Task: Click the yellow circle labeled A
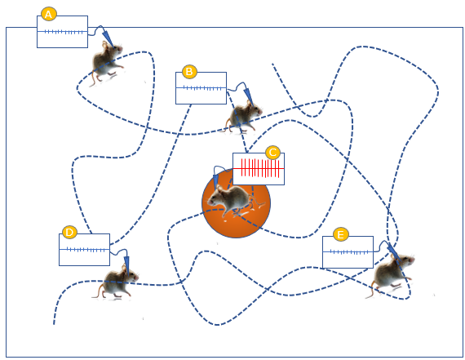49,14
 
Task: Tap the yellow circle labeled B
189,71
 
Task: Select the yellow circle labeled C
272,153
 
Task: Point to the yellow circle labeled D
69,232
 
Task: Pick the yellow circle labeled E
341,234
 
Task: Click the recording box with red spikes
259,169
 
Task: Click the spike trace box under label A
62,32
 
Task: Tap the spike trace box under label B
201,88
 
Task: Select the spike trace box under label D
85,250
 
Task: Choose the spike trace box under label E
348,252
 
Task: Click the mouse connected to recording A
106,63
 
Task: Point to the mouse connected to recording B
244,117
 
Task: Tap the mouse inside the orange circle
234,199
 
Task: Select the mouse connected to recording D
116,282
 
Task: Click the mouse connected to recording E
392,273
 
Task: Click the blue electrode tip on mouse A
113,47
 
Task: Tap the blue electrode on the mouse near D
126,264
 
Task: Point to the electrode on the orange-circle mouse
215,180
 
